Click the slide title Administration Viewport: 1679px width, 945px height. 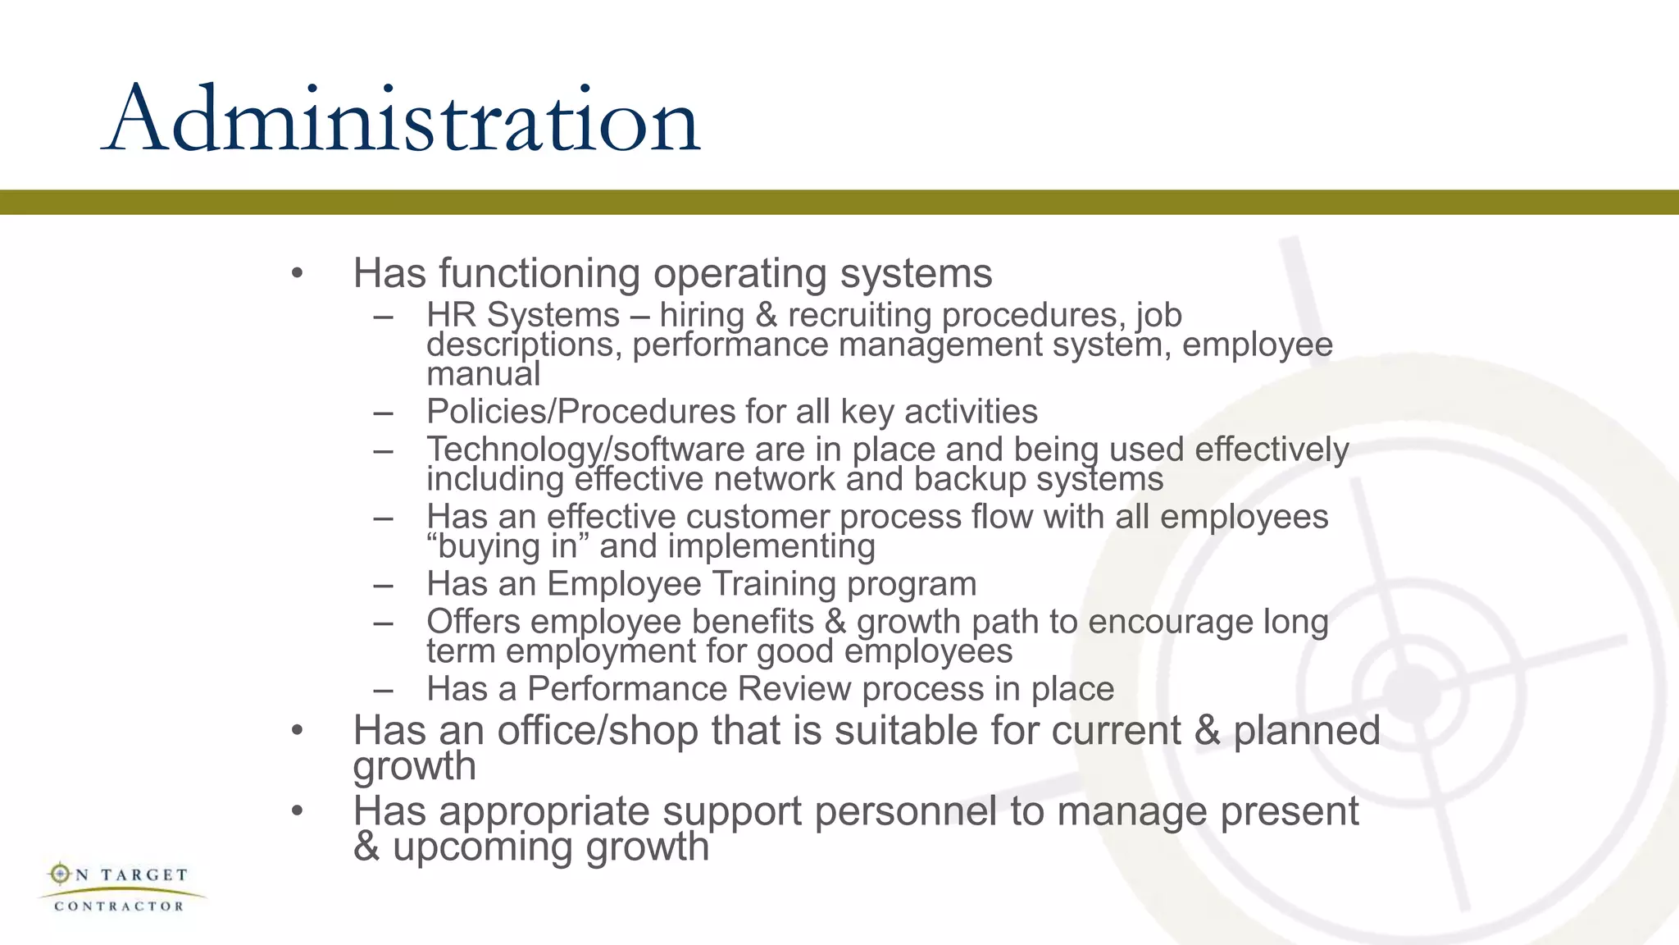click(402, 120)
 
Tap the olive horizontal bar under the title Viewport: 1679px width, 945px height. click(839, 202)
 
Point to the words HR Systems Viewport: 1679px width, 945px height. click(523, 315)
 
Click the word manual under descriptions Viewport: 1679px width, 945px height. click(484, 374)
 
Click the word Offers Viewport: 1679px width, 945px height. click(473, 622)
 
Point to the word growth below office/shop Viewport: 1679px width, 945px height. click(414, 766)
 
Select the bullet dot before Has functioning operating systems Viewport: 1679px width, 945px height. click(297, 273)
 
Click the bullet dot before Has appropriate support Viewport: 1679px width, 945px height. click(297, 811)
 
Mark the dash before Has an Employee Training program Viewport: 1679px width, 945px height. click(383, 585)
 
